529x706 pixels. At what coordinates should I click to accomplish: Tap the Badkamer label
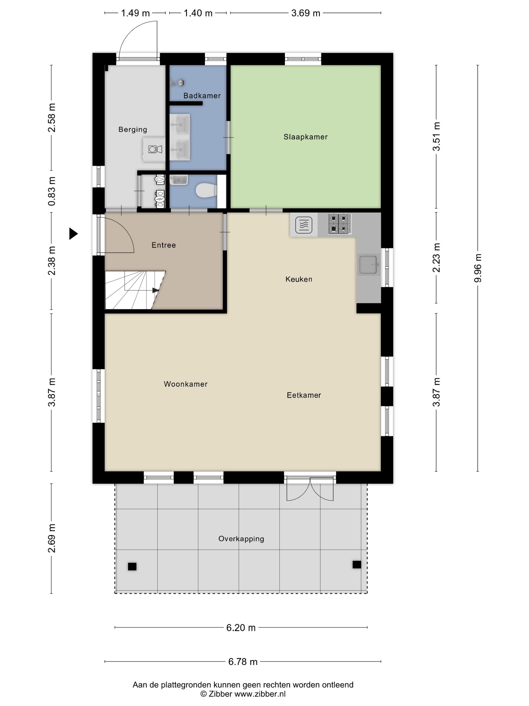[202, 95]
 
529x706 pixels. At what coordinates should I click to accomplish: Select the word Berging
[133, 130]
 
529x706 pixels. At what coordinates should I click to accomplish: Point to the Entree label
[163, 245]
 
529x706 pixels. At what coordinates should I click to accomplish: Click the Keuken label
[299, 279]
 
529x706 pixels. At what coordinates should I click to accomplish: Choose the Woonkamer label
[186, 384]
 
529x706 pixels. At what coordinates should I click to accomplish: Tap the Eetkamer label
[304, 395]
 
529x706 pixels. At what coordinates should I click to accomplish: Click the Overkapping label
[241, 539]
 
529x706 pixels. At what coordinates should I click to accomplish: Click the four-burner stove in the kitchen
[340, 224]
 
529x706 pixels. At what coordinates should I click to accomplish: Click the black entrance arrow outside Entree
[73, 234]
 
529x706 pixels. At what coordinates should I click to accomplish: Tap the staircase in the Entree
[135, 290]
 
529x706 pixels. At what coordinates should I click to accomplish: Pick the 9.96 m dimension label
[478, 268]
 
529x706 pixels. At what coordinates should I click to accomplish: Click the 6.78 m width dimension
[243, 662]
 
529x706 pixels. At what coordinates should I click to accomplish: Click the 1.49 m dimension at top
[135, 13]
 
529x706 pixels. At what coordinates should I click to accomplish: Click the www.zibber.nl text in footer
[260, 694]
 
